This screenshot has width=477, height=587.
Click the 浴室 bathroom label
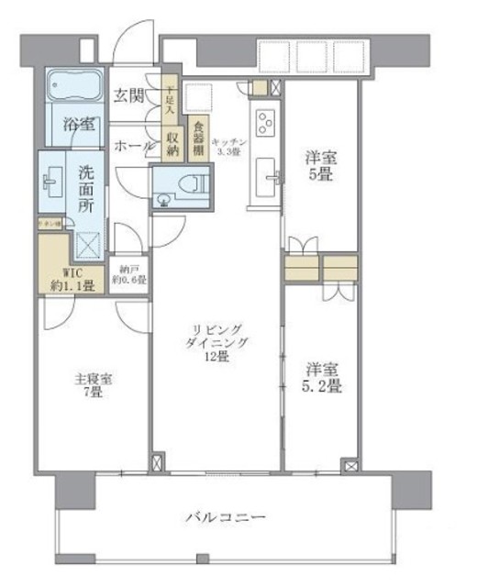[x=78, y=124]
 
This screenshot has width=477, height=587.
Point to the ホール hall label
[x=133, y=145]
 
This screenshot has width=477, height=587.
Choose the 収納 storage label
[x=172, y=141]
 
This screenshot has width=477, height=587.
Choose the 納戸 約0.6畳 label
[x=128, y=277]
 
